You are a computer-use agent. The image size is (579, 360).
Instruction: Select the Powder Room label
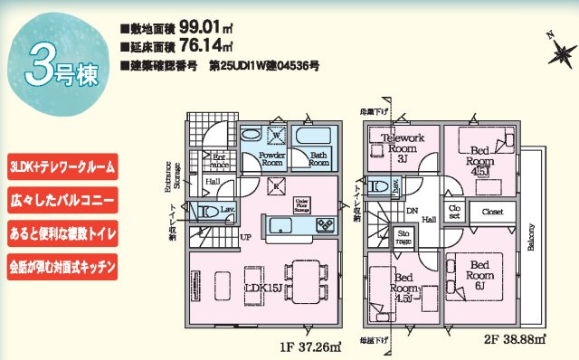[x=272, y=159]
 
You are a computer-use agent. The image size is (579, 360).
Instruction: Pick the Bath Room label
[x=318, y=159]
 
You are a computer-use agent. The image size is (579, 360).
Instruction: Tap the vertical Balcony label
[x=531, y=237]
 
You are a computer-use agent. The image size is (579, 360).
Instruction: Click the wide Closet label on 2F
[x=491, y=213]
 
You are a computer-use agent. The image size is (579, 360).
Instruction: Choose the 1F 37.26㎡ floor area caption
[x=308, y=344]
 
